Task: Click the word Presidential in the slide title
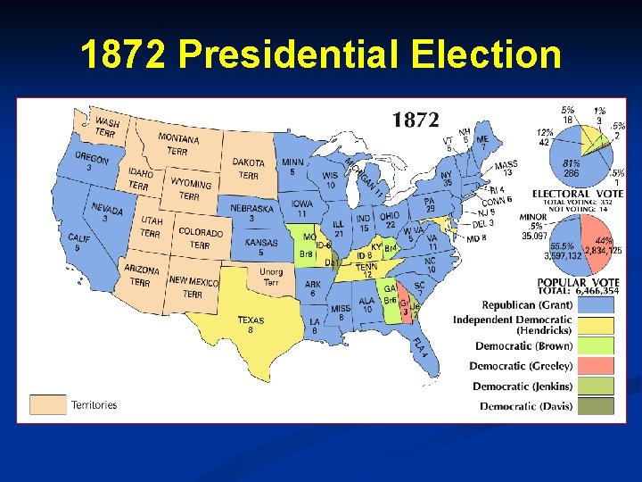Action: point(288,54)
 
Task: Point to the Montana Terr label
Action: point(178,143)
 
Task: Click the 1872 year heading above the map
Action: point(416,120)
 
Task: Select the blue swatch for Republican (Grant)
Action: point(595,305)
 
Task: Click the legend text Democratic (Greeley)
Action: point(521,366)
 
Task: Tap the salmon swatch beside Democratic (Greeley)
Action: point(595,365)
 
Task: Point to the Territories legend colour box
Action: point(48,404)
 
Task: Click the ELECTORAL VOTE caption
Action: point(578,193)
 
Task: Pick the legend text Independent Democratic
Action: point(513,320)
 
